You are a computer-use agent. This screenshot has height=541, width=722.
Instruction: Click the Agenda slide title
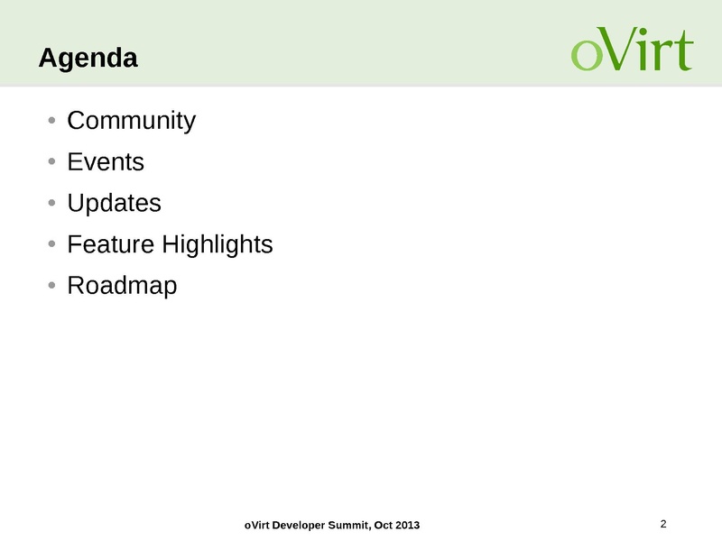coord(88,59)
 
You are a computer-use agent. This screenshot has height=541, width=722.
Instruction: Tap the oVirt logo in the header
coord(633,49)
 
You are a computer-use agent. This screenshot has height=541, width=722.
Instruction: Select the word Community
coord(132,122)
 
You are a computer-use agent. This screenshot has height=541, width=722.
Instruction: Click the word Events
coord(106,162)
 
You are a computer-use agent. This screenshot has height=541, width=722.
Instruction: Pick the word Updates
coord(115,204)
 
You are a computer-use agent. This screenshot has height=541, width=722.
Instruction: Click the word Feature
coord(110,244)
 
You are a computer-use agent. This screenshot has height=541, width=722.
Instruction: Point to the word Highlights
coord(218,245)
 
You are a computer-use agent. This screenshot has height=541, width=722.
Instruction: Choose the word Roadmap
coord(122,286)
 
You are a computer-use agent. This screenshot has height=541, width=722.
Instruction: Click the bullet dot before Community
coord(51,121)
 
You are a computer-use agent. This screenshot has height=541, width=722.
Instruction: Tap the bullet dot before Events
coord(51,161)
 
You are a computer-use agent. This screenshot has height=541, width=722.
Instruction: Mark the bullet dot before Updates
coord(51,202)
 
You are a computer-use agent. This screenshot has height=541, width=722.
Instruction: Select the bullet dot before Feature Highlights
coord(51,243)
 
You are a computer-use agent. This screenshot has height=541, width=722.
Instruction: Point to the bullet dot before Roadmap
coord(51,285)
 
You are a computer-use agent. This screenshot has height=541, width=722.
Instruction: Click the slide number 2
coord(663,524)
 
